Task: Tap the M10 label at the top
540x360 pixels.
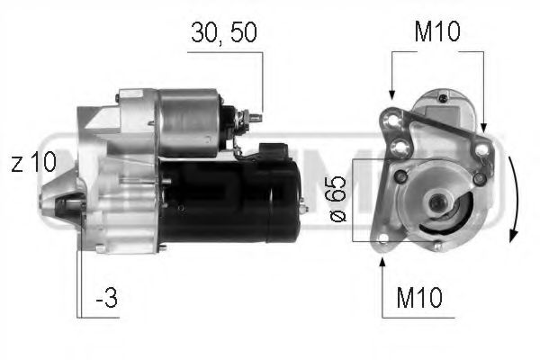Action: (436, 33)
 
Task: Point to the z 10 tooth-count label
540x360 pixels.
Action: (34, 163)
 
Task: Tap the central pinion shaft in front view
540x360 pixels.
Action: (439, 204)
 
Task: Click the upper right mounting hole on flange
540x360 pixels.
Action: (484, 148)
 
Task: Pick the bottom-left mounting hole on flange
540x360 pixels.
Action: (384, 238)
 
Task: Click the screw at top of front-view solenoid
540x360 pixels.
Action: (442, 95)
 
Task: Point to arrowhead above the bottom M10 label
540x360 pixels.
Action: (384, 262)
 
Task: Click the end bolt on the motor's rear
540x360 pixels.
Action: (302, 209)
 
